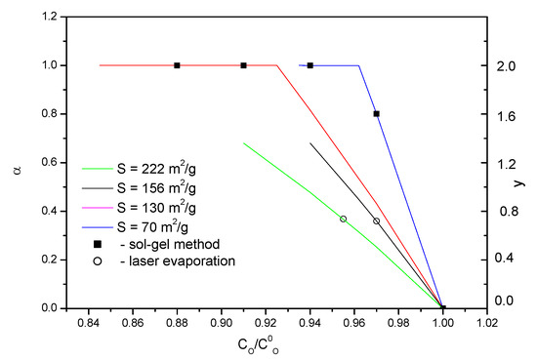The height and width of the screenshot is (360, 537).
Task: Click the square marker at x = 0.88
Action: coord(177,65)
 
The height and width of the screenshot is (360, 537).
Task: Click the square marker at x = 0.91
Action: coord(243,65)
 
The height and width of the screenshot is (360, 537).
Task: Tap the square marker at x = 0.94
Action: coord(310,65)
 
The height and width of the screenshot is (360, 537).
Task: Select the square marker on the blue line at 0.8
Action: coord(376,114)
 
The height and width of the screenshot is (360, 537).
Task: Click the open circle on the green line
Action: coord(343,219)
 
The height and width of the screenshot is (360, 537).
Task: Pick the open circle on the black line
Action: coord(376,221)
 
